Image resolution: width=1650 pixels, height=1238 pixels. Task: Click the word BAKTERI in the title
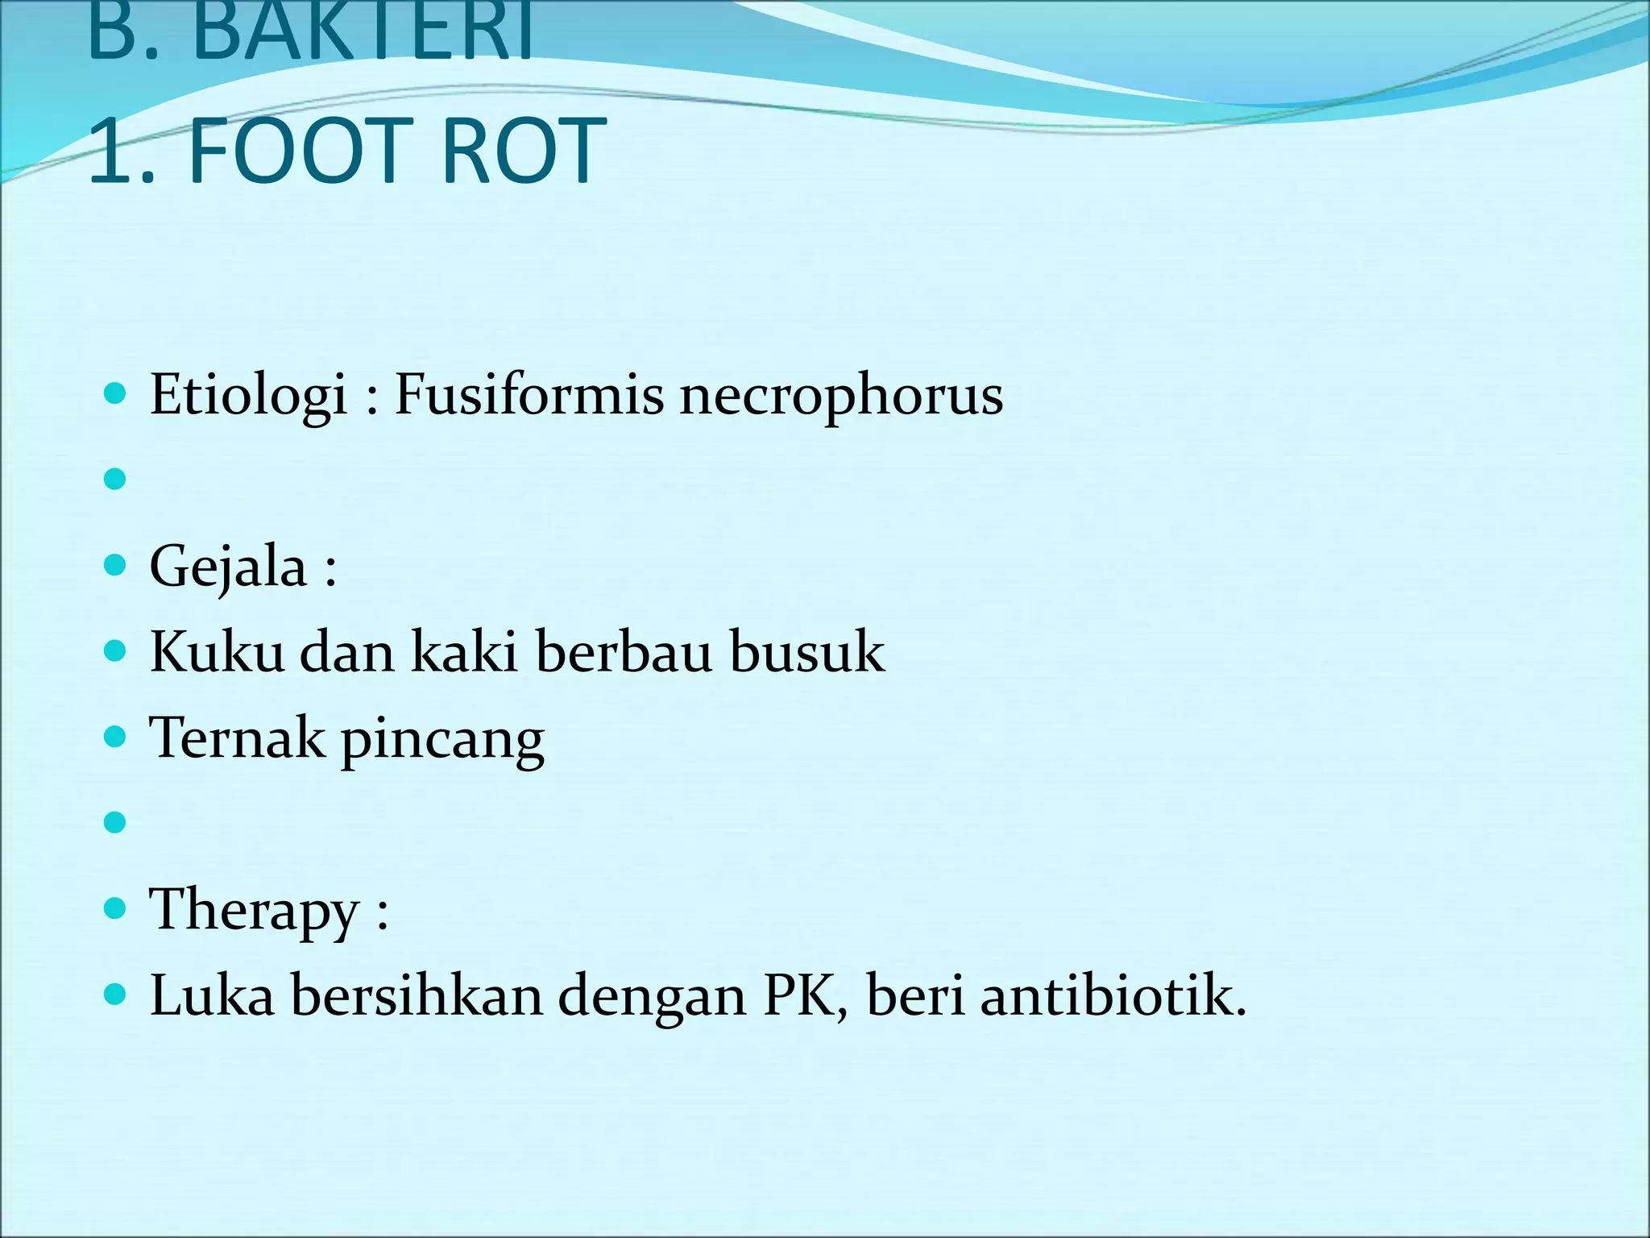click(x=363, y=32)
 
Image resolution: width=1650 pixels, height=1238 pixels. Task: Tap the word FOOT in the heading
click(x=301, y=151)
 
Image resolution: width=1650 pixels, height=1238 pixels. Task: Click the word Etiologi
click(x=248, y=396)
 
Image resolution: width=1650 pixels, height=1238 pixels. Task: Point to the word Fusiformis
click(x=529, y=396)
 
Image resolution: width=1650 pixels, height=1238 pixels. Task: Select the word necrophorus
click(x=841, y=396)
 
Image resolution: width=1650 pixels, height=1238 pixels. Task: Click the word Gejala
click(x=228, y=567)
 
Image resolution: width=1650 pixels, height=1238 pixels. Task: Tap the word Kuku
click(x=217, y=651)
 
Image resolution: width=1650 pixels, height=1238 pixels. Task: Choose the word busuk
click(x=806, y=651)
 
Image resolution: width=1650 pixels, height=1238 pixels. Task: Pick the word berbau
click(x=624, y=651)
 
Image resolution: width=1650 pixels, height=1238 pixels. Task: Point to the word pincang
click(x=442, y=741)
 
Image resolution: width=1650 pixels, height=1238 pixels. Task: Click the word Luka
click(x=212, y=995)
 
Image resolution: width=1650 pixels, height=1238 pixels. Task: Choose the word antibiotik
click(x=1113, y=995)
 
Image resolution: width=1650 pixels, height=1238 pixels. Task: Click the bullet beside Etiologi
click(x=116, y=394)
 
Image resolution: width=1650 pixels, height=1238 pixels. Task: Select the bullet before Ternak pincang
click(x=116, y=737)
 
